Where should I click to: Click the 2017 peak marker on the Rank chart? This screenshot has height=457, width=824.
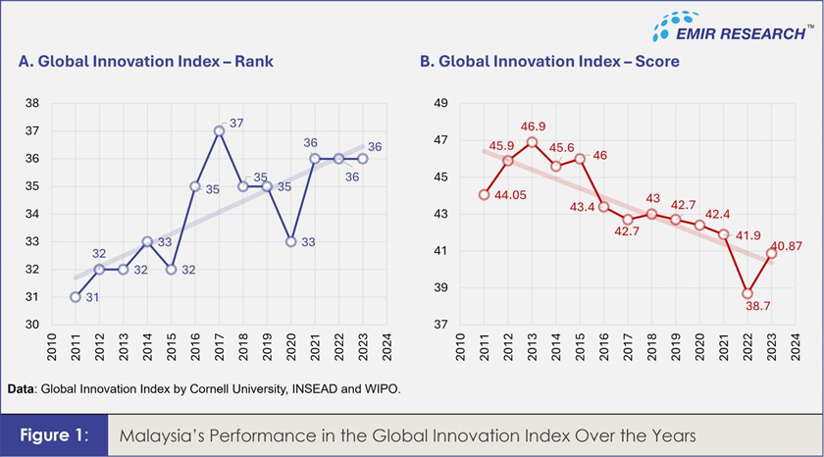219,130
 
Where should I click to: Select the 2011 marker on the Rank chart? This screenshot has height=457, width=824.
75,297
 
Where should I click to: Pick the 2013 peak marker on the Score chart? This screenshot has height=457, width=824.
532,141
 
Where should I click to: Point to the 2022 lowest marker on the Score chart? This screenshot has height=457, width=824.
747,293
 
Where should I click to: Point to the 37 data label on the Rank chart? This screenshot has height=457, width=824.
236,123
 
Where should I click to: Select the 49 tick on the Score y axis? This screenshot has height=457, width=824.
440,103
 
